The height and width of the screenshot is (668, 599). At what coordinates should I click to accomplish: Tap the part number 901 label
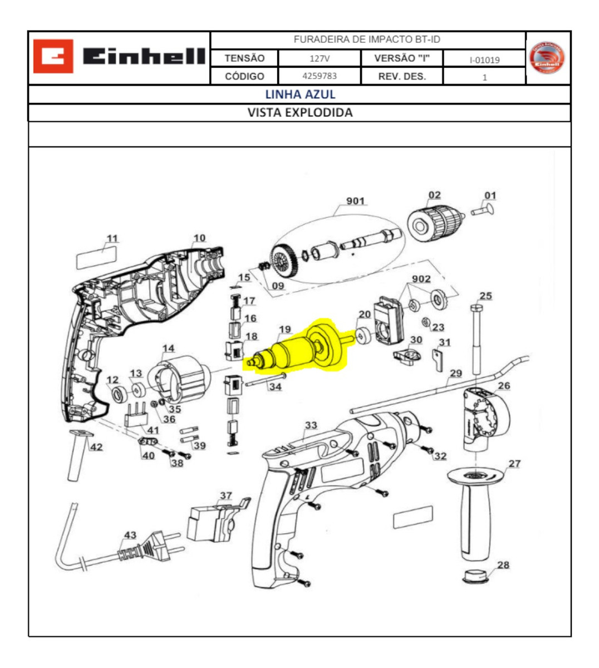pos(355,201)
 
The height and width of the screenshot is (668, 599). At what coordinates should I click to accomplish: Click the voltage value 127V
pos(319,58)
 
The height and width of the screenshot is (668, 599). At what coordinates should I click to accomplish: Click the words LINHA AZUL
pos(299,94)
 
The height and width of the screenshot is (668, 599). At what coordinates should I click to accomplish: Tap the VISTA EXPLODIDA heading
pos(299,112)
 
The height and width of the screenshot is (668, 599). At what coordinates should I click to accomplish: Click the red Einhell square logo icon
pos(53,56)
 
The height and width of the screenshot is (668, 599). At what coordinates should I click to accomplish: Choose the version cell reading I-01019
pos(484,60)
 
